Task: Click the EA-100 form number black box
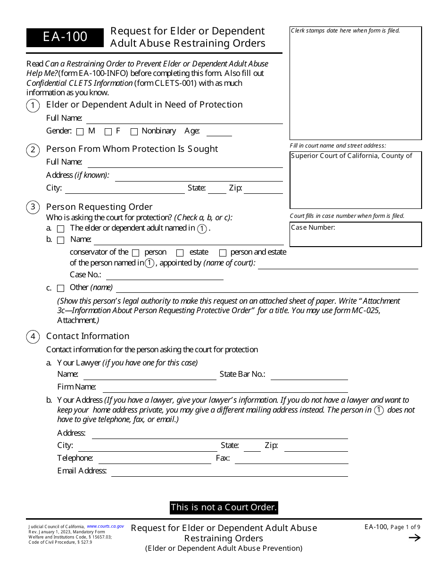click(65, 37)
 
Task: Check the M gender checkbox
click(80, 132)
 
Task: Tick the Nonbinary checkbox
click(134, 132)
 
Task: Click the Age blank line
click(219, 132)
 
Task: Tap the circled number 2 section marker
click(33, 150)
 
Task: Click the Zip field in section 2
click(263, 189)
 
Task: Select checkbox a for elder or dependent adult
click(60, 229)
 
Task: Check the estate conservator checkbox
click(180, 253)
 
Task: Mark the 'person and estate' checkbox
click(223, 253)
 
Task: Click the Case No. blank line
click(165, 276)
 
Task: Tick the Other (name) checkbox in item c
click(60, 288)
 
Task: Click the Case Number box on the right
click(356, 234)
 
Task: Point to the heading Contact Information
click(88, 336)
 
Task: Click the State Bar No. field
click(309, 375)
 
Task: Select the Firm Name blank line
click(225, 388)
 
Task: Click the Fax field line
click(291, 459)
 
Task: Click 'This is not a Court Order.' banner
click(224, 507)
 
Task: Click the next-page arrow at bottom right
click(414, 538)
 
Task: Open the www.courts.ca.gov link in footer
click(106, 526)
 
